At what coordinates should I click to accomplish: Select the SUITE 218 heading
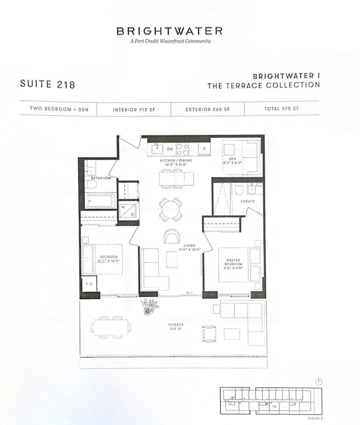click(47, 84)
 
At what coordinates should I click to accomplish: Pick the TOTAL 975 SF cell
click(281, 109)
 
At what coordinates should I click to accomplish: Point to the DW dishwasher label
click(170, 149)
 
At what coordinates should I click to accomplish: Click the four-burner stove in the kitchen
click(183, 149)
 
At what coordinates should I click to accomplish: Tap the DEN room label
click(233, 159)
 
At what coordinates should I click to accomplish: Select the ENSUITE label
click(248, 201)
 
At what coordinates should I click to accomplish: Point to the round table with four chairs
click(170, 210)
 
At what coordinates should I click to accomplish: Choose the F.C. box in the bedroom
click(89, 284)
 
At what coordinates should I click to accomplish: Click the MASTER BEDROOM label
click(233, 262)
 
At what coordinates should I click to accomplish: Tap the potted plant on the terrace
click(150, 307)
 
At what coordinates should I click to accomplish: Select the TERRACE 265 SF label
click(175, 327)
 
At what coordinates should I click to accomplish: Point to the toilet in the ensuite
click(239, 189)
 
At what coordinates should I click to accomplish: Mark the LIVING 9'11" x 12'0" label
click(190, 247)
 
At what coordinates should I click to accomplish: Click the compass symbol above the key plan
click(319, 382)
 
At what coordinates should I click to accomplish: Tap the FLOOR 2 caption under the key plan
click(315, 418)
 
